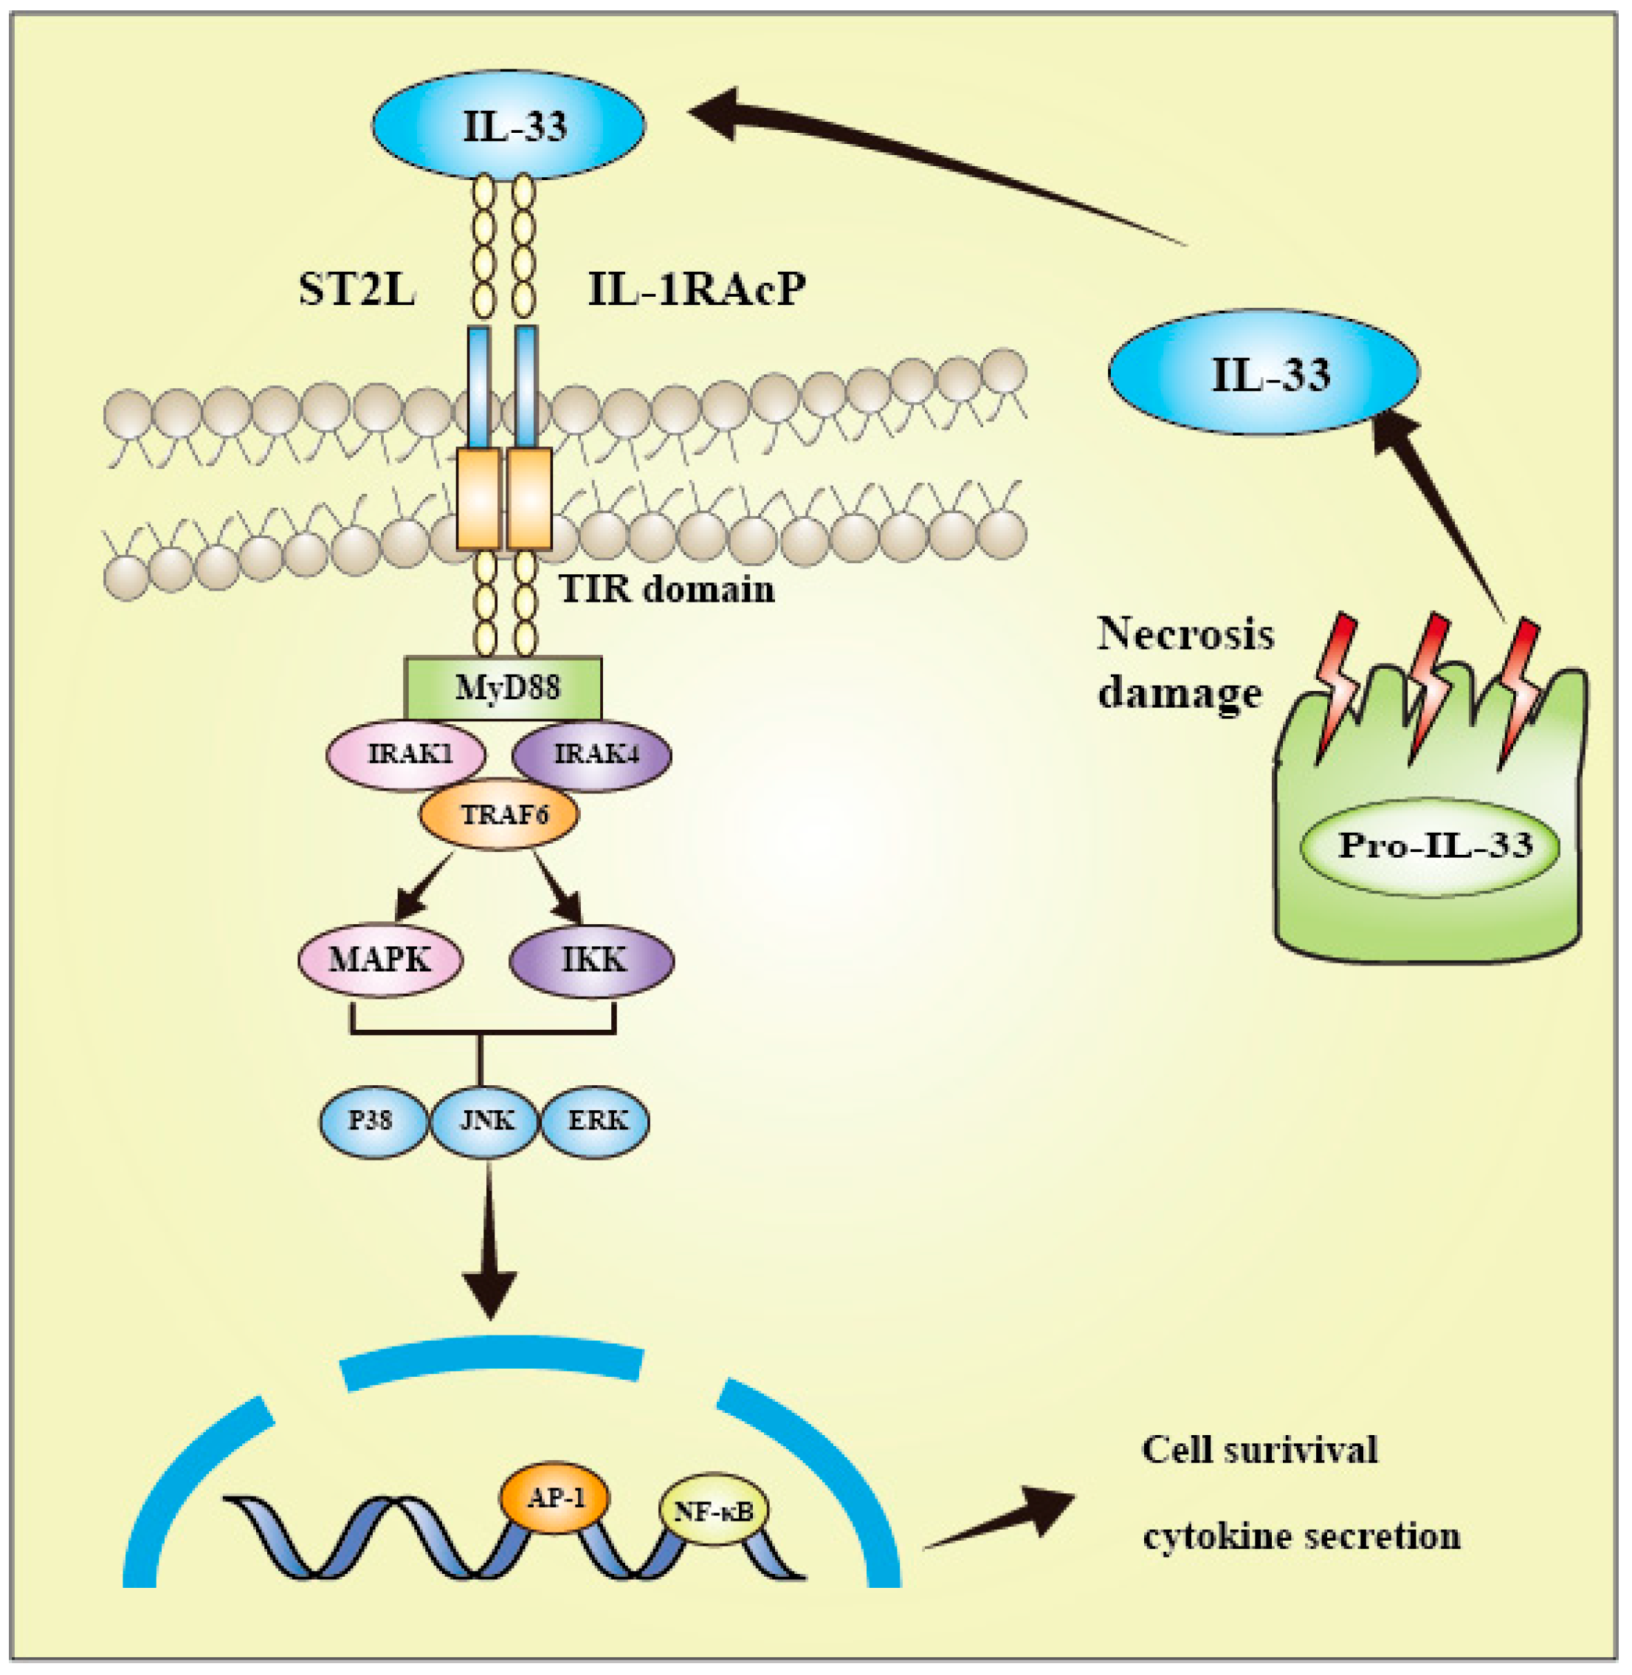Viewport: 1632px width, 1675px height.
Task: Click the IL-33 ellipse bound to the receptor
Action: click(509, 126)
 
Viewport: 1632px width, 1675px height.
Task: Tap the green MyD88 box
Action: click(503, 688)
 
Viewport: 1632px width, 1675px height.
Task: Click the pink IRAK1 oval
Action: click(406, 754)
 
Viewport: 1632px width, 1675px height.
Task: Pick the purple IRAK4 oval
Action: click(592, 754)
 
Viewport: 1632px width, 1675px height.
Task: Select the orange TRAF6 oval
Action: click(499, 814)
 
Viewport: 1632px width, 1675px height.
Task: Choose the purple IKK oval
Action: click(592, 959)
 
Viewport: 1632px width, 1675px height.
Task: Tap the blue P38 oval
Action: click(373, 1121)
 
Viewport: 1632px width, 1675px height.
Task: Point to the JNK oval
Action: click(485, 1121)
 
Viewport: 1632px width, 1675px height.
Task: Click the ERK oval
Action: click(596, 1121)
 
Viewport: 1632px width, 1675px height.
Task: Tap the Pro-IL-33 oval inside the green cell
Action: click(1429, 847)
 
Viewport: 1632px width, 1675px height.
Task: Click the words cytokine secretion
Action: click(1301, 1535)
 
